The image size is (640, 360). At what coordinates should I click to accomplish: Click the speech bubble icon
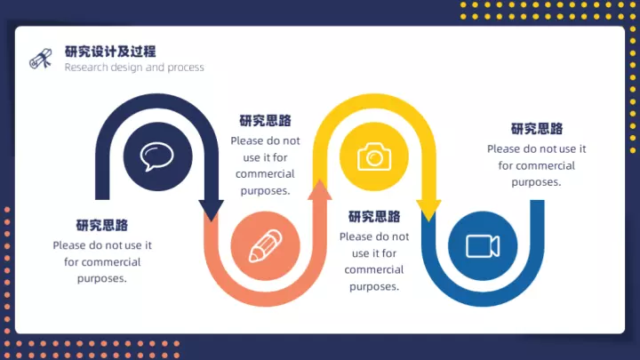[x=157, y=156]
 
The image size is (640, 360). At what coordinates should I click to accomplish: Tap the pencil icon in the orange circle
[x=265, y=245]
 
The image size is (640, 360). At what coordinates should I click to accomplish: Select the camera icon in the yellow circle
[x=374, y=156]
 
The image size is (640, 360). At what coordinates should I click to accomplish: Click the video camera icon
[x=483, y=246]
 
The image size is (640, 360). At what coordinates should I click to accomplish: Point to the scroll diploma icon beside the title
[x=41, y=59]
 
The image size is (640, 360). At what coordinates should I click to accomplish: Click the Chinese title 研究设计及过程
[x=110, y=52]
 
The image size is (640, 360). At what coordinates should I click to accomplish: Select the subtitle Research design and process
[x=134, y=68]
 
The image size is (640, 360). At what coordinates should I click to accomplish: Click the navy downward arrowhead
[x=211, y=211]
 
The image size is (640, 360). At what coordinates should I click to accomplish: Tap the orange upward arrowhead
[x=320, y=190]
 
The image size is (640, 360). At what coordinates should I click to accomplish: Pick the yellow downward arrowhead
[x=428, y=211]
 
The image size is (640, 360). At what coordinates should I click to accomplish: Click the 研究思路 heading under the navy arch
[x=102, y=225]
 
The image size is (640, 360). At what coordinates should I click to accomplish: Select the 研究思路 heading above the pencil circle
[x=265, y=121]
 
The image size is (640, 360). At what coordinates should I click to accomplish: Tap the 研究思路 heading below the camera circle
[x=374, y=216]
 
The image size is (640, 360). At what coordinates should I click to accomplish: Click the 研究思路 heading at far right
[x=537, y=129]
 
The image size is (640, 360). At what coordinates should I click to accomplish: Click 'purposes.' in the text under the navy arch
[x=102, y=279]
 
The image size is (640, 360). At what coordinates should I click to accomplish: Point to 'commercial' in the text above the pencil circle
[x=265, y=174]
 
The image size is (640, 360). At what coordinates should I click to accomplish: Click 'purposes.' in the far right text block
[x=536, y=182]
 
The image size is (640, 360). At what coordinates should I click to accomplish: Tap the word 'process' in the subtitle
[x=185, y=68]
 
